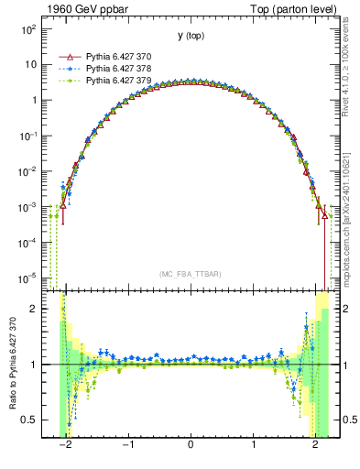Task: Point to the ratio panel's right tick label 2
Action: tap(344, 309)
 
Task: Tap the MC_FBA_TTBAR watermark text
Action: tap(191, 274)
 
